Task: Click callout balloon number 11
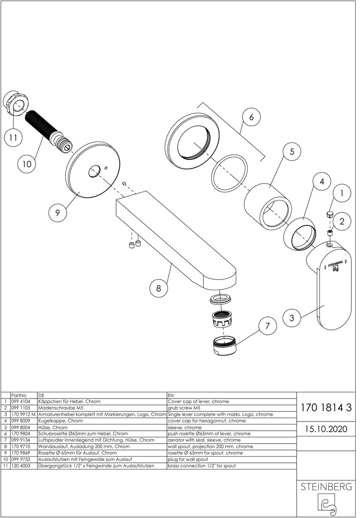(x=13, y=138)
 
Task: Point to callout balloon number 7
(x=268, y=326)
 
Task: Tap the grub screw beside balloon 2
(x=331, y=232)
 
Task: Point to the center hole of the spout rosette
(x=94, y=169)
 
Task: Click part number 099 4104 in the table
(x=20, y=401)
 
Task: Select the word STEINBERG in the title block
(x=326, y=487)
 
